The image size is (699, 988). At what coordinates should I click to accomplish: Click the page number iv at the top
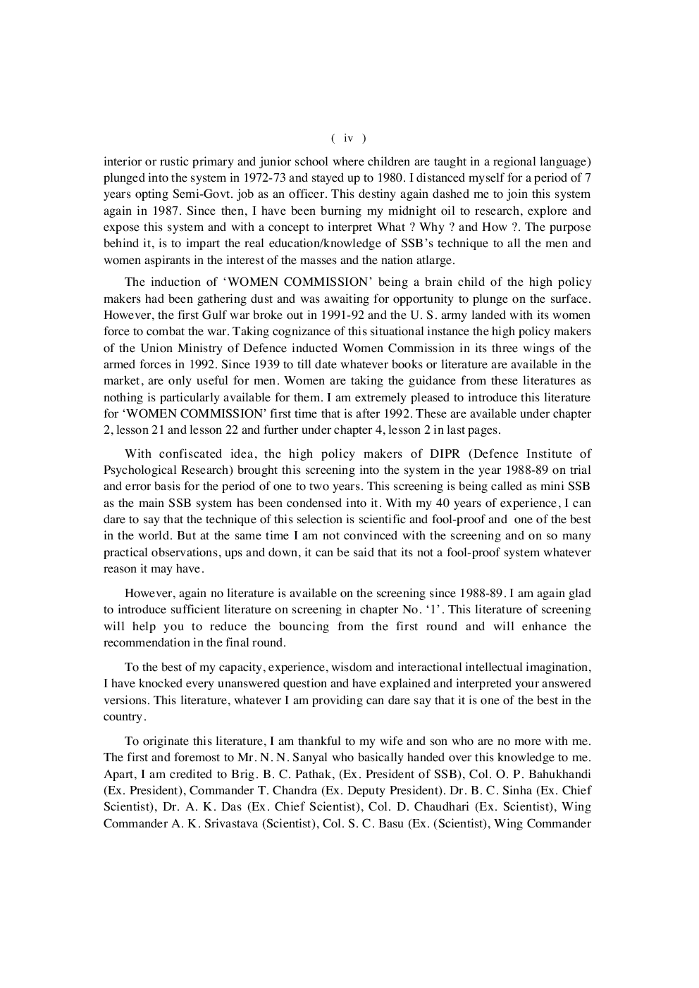click(348, 138)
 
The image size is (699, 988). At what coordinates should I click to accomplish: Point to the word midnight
click(402, 211)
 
